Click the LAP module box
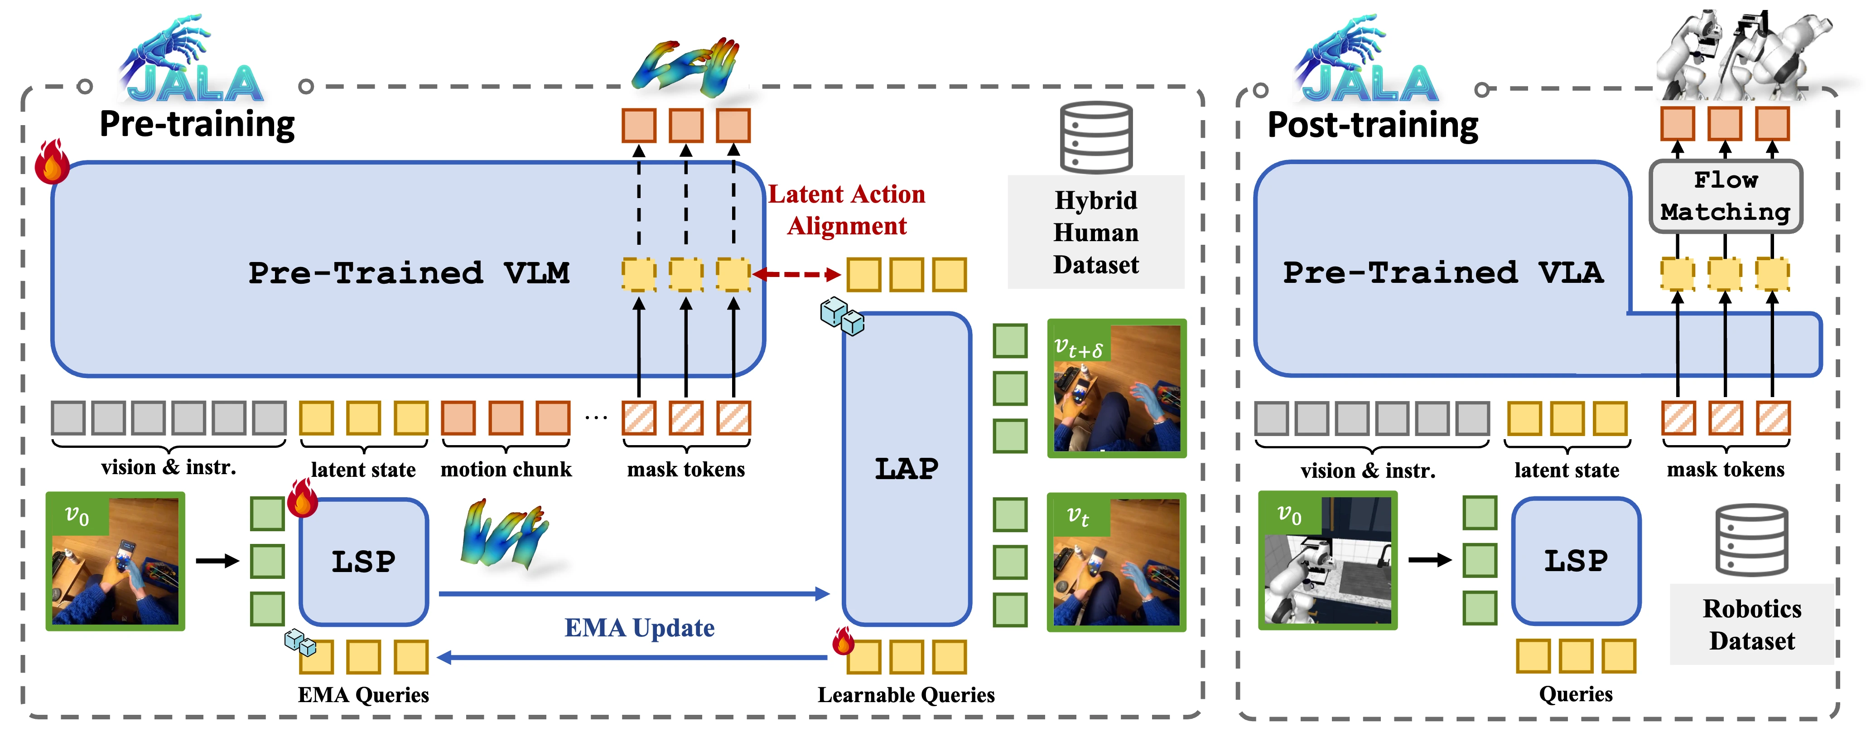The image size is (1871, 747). (907, 469)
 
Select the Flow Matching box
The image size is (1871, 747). (1725, 196)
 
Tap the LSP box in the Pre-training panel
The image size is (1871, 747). (363, 562)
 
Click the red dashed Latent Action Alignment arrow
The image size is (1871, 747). (797, 275)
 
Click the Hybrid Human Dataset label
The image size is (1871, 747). (1095, 233)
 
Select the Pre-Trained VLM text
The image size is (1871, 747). (409, 273)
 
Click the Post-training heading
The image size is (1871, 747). (1372, 125)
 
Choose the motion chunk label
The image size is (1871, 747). (506, 470)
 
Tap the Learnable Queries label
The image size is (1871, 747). (906, 695)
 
